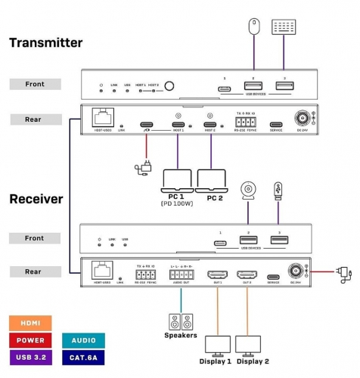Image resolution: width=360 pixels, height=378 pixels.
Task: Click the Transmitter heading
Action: click(45, 43)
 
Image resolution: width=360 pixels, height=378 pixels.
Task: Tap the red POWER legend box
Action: click(29, 339)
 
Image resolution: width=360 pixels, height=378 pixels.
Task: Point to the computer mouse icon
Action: click(253, 24)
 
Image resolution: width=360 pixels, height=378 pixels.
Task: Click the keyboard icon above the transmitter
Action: click(284, 26)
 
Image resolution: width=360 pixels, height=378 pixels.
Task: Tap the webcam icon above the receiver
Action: click(247, 191)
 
